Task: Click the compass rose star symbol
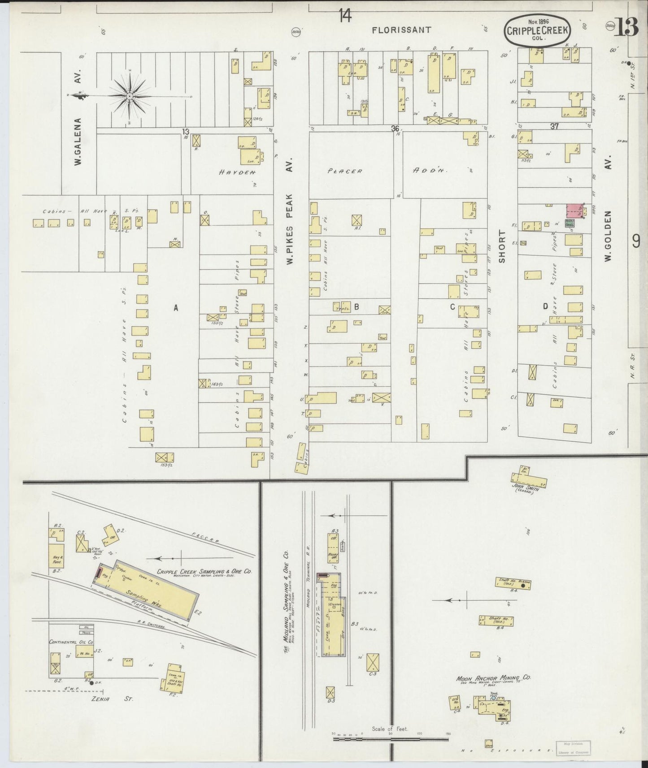129,96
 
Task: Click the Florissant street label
401,30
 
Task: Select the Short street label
502,246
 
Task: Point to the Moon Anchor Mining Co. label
493,678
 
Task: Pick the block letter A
176,307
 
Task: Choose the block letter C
452,306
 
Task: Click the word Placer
344,171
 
